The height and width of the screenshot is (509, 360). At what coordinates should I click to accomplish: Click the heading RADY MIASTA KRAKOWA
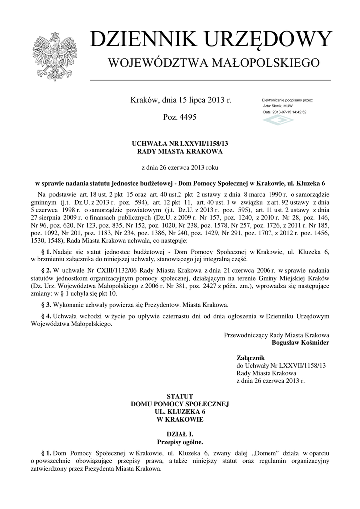180,151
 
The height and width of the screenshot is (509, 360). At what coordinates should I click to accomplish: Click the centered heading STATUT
180,397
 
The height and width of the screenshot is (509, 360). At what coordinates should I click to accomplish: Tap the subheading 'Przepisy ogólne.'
180,442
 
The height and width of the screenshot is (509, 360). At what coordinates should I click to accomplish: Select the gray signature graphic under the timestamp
278,121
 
